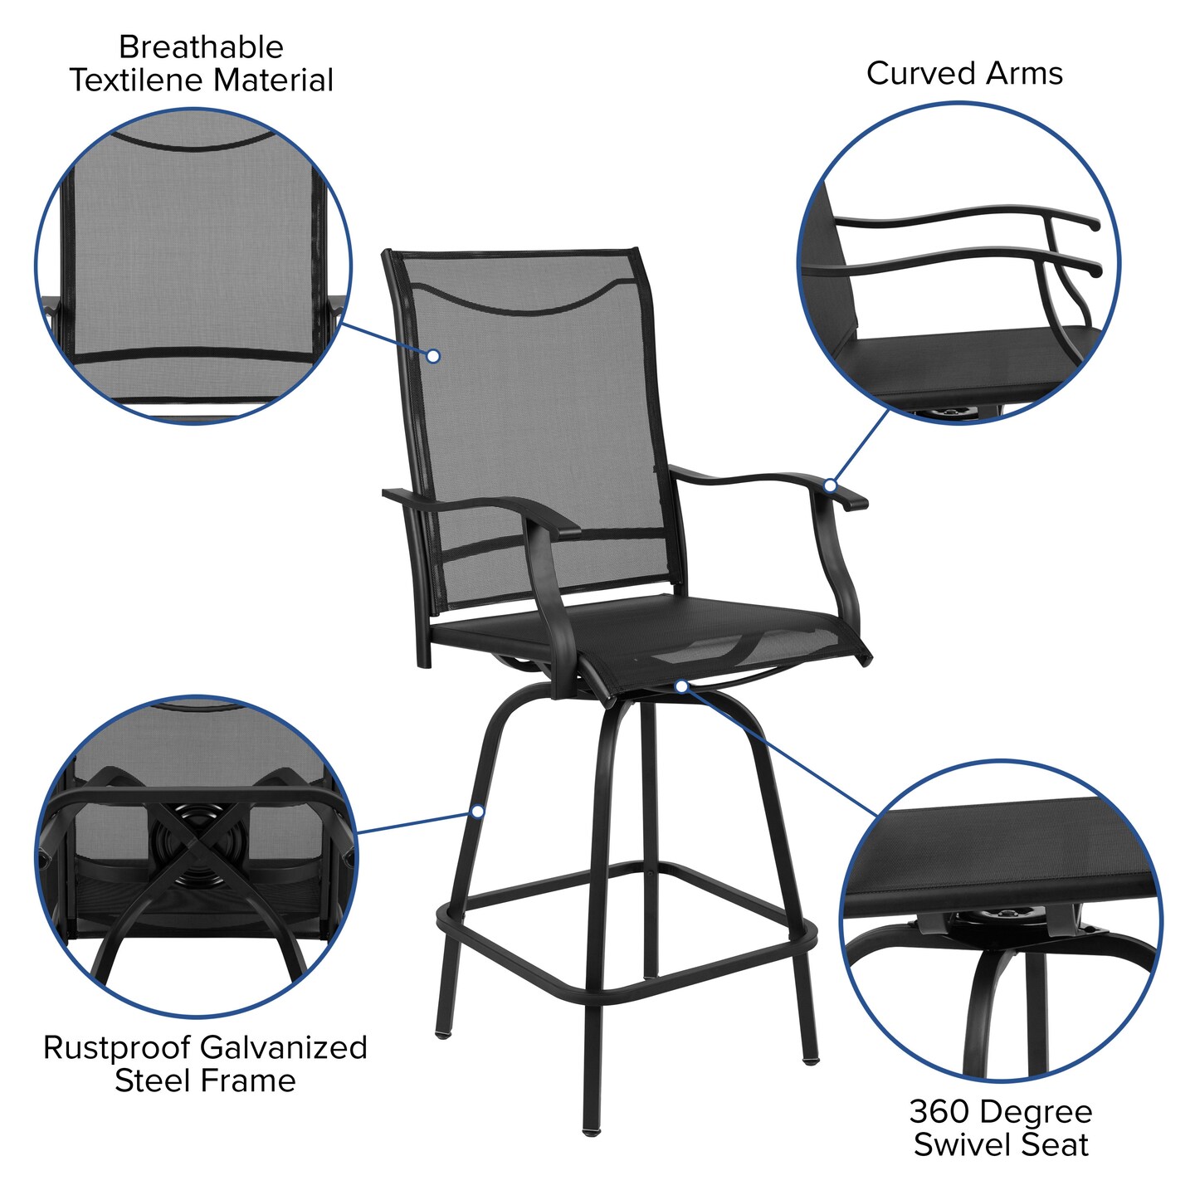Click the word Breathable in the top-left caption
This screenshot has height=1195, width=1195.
pyautogui.click(x=201, y=47)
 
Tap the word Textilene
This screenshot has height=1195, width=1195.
pyautogui.click(x=138, y=80)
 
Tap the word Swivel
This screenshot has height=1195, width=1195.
pyautogui.click(x=964, y=1145)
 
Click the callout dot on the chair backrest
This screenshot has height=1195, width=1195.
pyautogui.click(x=433, y=356)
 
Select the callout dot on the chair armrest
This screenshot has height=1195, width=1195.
pyautogui.click(x=830, y=485)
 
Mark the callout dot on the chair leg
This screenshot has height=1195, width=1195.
pyautogui.click(x=478, y=811)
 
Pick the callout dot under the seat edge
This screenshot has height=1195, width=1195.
pyautogui.click(x=681, y=686)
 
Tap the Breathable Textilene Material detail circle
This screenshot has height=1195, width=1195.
pyautogui.click(x=193, y=266)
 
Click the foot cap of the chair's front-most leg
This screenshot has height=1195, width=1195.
pyautogui.click(x=590, y=1129)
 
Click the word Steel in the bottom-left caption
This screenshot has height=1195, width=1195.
pyautogui.click(x=159, y=1081)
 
